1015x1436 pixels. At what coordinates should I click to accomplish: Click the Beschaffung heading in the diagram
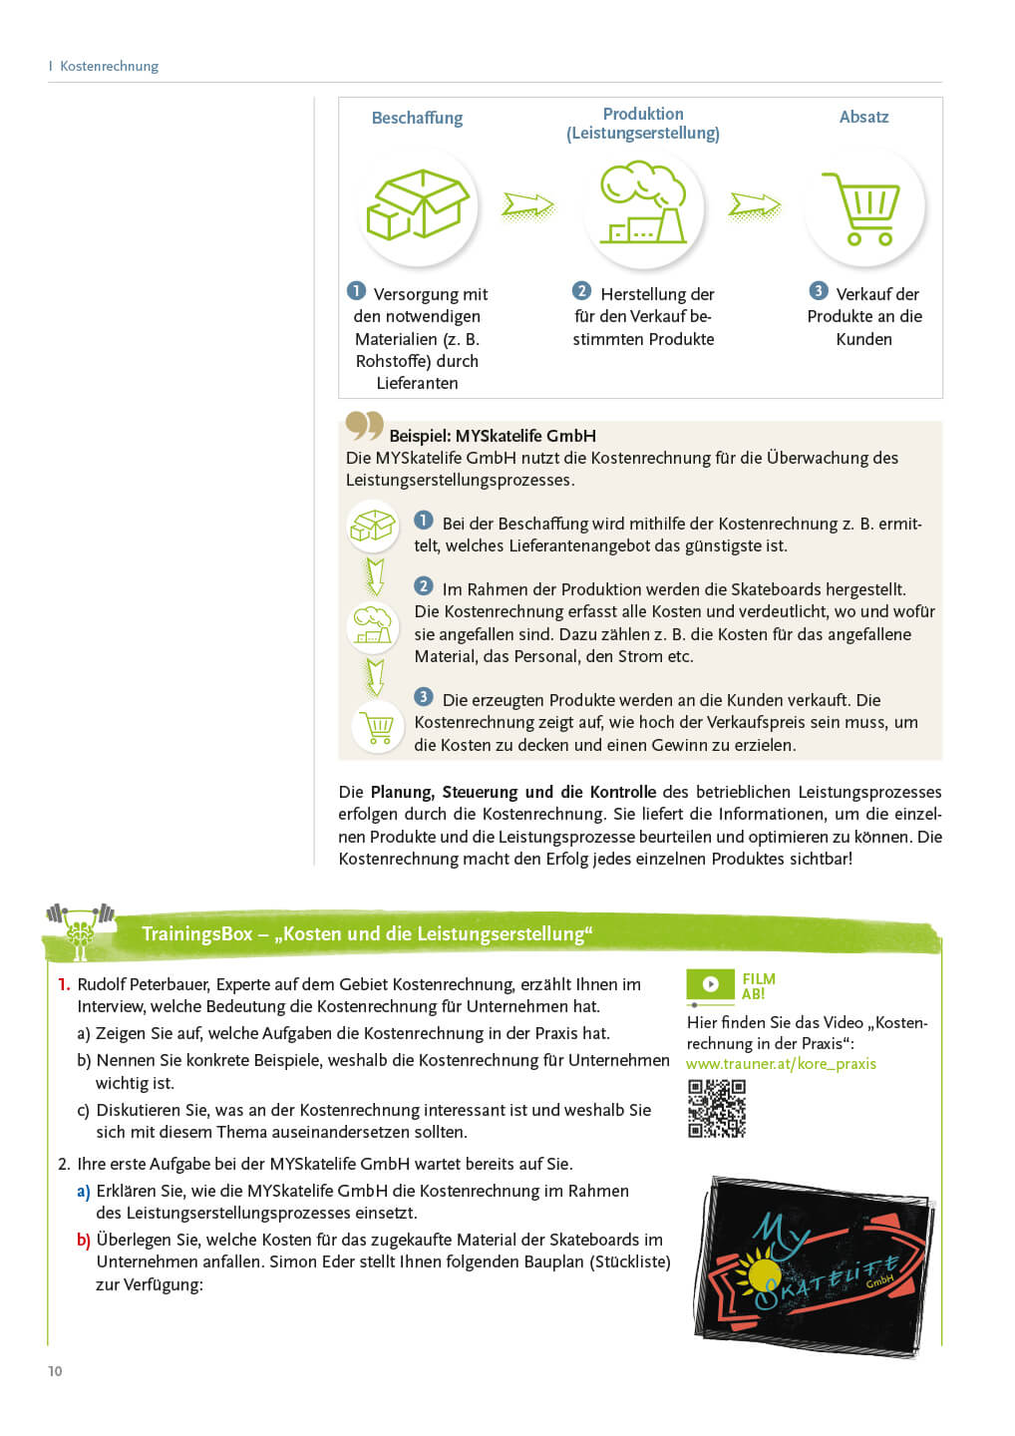pos(417,118)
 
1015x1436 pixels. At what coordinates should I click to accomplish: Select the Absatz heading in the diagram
pos(863,117)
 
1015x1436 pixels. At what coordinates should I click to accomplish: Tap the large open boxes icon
pos(418,206)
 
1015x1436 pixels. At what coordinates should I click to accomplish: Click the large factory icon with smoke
pos(643,206)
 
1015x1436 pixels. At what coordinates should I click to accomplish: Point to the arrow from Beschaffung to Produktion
pos(528,205)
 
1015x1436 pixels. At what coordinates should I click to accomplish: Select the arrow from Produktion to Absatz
pos(755,205)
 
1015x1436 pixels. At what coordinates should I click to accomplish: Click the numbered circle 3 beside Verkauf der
pos(819,291)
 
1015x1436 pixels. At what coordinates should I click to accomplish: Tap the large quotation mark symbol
pos(364,427)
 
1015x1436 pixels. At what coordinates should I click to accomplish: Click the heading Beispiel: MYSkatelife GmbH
pos(493,436)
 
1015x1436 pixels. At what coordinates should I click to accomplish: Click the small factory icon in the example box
pos(373,625)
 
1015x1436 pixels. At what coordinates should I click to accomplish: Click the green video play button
pos(710,984)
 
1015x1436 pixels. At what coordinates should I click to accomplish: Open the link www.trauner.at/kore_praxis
pos(781,1064)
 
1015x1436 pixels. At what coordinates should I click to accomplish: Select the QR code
pos(717,1109)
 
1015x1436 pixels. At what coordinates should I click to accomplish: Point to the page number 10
pos(55,1371)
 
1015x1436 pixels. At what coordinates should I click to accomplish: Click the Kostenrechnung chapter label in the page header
pos(109,66)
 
